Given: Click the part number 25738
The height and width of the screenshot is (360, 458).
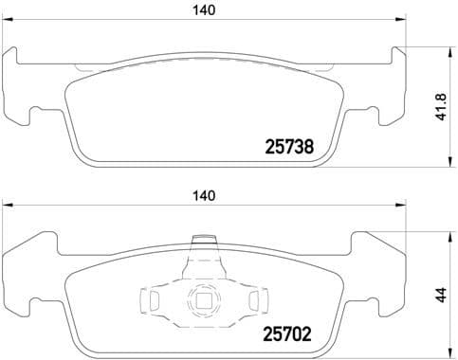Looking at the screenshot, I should pos(288,148).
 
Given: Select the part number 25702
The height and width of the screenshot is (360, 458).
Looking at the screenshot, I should pos(288,334).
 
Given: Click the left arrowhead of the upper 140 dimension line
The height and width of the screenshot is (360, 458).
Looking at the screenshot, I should pos(6,23).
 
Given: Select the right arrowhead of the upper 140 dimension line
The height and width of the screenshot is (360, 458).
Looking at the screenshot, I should pos(401,23).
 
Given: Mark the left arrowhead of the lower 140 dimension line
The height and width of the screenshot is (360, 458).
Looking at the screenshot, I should pos(6,207).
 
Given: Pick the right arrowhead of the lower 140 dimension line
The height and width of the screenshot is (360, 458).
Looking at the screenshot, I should pos(401,207).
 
